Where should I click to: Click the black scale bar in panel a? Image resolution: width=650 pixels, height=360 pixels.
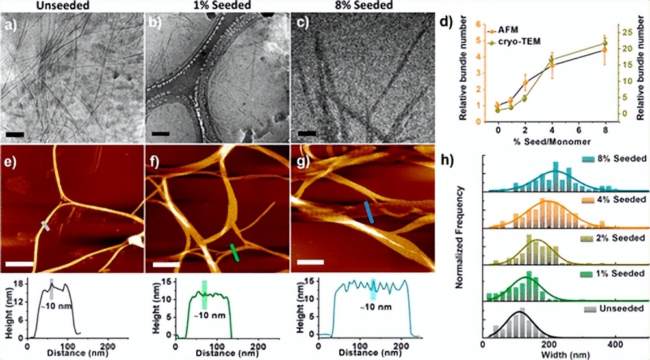(x=15, y=135)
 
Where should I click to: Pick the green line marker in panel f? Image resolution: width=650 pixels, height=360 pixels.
(x=235, y=252)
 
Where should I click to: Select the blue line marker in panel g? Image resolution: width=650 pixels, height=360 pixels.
(x=368, y=212)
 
